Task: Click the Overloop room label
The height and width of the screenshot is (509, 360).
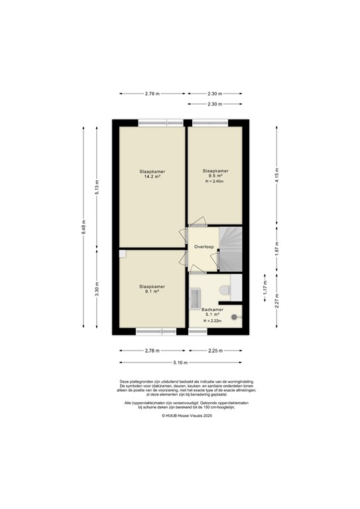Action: [x=203, y=247]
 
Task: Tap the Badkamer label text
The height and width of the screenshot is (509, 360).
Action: [x=212, y=309]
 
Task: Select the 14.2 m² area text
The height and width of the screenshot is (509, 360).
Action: [x=152, y=177]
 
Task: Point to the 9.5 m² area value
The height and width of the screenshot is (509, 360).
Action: [x=215, y=176]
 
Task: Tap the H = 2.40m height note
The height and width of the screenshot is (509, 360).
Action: [x=215, y=182]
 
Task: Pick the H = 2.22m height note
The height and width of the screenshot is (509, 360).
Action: [x=212, y=321]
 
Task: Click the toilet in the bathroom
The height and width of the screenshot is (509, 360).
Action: [x=224, y=289]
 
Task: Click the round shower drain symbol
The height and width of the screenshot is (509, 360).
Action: [x=234, y=317]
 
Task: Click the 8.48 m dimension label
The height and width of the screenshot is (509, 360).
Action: [x=84, y=227]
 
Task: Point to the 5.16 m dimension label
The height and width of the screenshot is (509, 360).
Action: [x=180, y=363]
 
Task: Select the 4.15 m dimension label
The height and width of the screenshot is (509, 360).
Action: [x=277, y=175]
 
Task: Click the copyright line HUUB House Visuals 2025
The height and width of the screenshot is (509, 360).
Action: [x=180, y=416]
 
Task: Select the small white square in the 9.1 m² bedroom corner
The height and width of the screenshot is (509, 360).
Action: [x=122, y=253]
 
